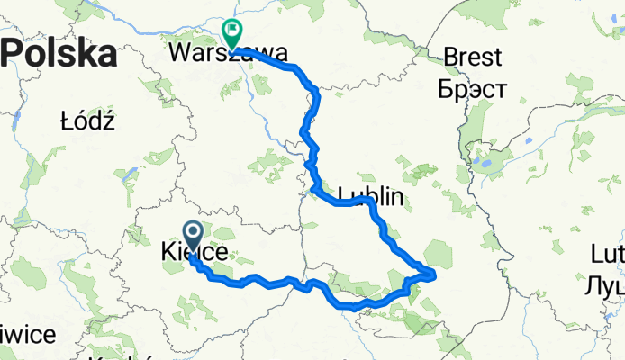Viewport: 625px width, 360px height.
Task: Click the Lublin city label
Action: coord(370,196)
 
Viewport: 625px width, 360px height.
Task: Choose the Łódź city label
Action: coord(86,121)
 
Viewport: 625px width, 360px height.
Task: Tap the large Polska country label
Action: coord(60,54)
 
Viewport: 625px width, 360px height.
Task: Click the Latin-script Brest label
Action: coord(472,58)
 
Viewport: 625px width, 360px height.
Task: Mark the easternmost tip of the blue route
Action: coord(435,272)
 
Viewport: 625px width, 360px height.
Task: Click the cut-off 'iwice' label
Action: coord(27,335)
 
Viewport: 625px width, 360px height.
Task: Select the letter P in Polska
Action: coord(16,54)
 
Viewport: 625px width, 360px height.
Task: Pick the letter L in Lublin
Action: coord(344,196)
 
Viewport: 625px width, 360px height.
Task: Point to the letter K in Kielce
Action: coord(168,254)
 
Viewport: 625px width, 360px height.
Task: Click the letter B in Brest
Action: coord(450,58)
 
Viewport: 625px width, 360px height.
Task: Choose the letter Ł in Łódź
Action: coord(66,121)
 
